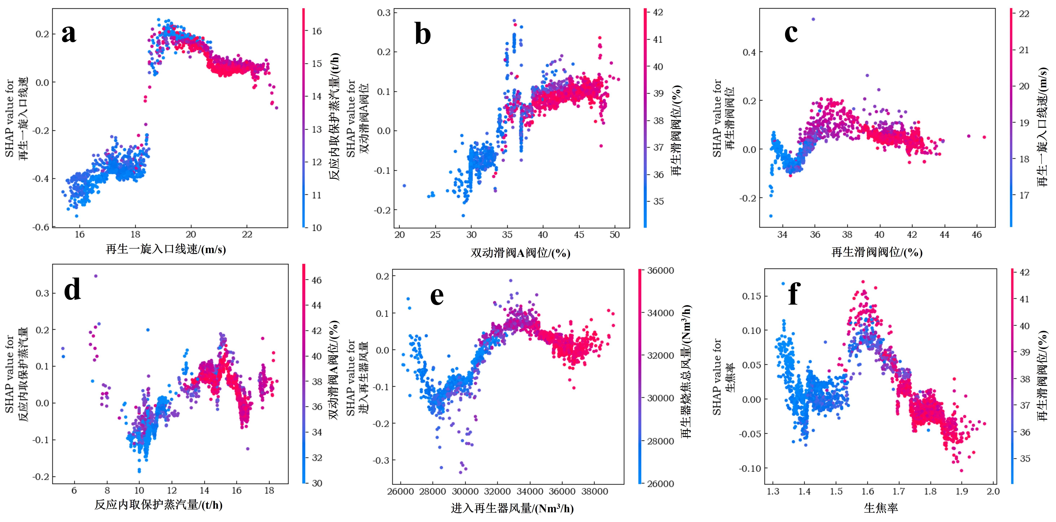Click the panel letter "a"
pyautogui.click(x=69, y=34)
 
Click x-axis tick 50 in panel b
pyautogui.click(x=615, y=235)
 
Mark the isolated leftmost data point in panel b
pyautogui.click(x=404, y=186)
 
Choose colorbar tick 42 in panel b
pyautogui.click(x=658, y=13)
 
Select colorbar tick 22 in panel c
pyautogui.click(x=1024, y=14)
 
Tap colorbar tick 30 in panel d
pyautogui.click(x=316, y=483)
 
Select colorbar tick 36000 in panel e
pyautogui.click(x=660, y=270)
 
